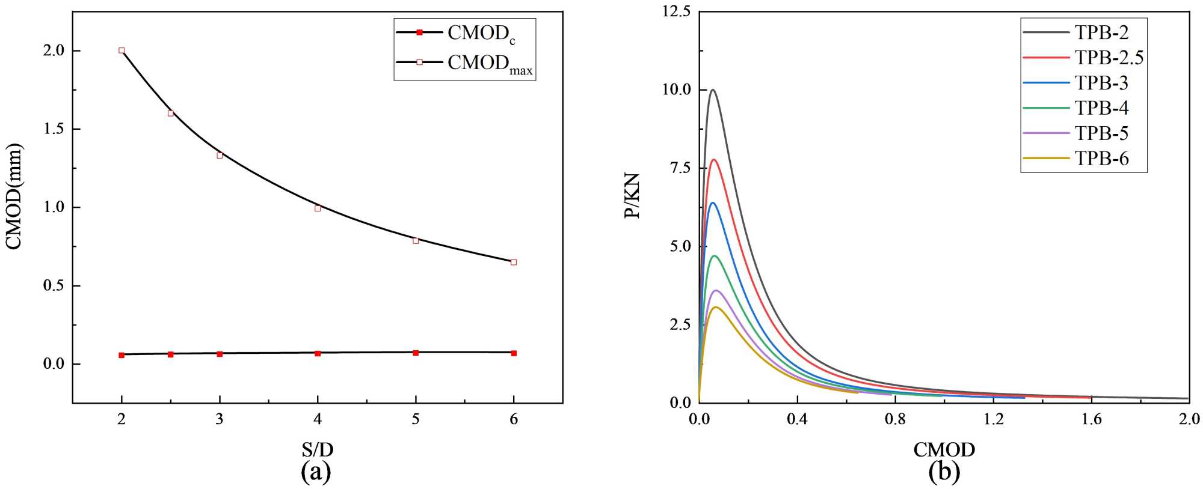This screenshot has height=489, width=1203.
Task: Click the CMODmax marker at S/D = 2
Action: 122,50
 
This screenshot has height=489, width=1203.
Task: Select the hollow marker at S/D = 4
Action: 318,208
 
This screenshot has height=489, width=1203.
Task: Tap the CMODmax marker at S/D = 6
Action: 514,262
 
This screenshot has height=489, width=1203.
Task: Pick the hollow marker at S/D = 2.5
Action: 171,113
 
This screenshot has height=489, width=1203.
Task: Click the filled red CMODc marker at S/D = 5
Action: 416,353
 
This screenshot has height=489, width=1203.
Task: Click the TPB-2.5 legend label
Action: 1109,58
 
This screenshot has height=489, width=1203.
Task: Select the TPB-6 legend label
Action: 1101,159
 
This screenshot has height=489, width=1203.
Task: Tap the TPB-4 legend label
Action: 1101,108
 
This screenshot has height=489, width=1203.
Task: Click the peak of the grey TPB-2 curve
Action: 713,90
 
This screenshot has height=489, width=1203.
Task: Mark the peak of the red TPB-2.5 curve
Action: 714,159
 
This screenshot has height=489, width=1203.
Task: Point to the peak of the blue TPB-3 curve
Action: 713,202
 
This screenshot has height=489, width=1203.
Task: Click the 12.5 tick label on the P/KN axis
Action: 677,11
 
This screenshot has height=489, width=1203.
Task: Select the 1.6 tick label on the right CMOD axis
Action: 1091,419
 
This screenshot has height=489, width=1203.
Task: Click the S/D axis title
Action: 317,449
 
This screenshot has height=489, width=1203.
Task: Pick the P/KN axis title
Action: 632,196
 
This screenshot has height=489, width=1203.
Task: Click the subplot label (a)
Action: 316,472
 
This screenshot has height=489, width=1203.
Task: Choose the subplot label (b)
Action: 944,472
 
